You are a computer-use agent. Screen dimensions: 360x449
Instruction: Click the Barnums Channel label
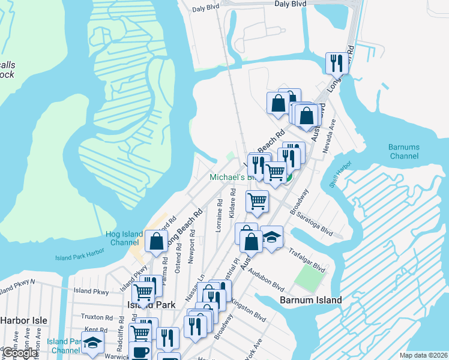(x=403, y=151)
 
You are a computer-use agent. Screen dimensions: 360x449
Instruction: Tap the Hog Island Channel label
(x=126, y=238)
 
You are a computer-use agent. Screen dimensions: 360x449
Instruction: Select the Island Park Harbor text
(x=79, y=257)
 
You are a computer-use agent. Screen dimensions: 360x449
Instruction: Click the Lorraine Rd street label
(x=220, y=220)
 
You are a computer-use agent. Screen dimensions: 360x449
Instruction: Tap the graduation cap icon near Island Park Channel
(x=92, y=343)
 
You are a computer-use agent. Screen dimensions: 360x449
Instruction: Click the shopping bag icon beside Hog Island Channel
(x=156, y=241)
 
